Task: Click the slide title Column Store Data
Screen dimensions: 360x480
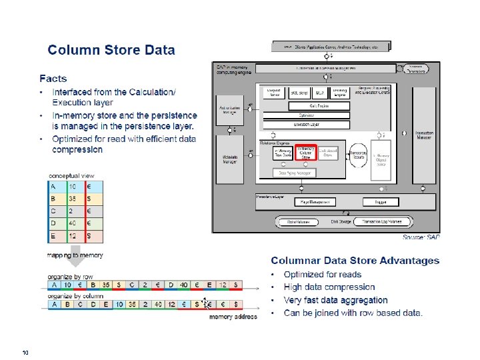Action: tap(111, 50)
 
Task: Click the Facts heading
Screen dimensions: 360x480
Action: tap(53, 79)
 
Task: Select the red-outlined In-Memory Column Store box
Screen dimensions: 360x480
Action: tap(306, 154)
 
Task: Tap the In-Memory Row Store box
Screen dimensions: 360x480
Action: tap(283, 154)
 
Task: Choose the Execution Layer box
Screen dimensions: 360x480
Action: tap(306, 124)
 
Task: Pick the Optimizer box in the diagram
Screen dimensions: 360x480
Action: tap(306, 115)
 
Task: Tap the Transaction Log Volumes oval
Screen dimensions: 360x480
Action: tap(381, 221)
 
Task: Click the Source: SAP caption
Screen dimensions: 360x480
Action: tap(421, 237)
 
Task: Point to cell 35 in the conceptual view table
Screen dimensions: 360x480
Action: tap(76, 199)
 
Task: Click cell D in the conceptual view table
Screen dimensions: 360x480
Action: tap(53, 223)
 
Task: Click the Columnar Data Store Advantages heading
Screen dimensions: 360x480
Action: tap(355, 261)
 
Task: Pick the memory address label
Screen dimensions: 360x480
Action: tap(233, 317)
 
